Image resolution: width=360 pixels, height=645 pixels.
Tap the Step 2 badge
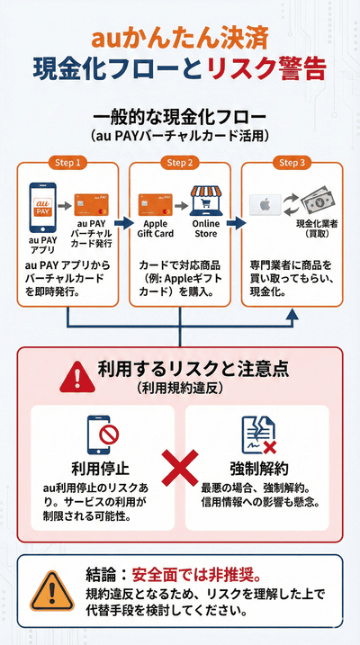tap(178, 163)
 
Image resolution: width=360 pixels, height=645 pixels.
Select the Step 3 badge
tap(290, 163)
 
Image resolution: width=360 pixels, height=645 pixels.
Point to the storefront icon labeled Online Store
tap(205, 203)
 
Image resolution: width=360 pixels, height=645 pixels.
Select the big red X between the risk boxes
tap(179, 470)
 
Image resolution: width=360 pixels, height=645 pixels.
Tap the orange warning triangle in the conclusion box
tap(49, 592)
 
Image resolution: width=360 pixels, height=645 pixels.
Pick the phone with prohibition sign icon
tap(102, 434)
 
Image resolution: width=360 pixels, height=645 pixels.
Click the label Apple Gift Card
tap(156, 229)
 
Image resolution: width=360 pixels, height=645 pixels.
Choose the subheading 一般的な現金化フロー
tap(179, 116)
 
